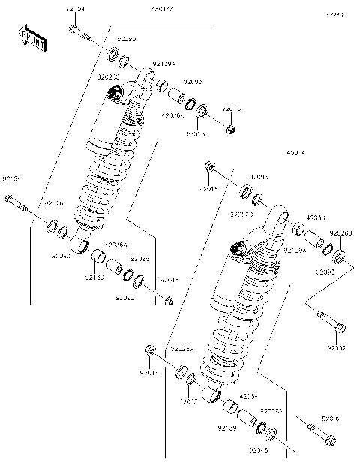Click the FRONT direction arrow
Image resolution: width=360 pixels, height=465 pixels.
click(31, 39)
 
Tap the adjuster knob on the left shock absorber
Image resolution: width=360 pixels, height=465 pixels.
click(115, 91)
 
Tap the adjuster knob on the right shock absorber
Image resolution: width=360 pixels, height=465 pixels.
click(238, 246)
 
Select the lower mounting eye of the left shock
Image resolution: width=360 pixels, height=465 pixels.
click(81, 243)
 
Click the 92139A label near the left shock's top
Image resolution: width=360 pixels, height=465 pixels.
click(163, 64)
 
